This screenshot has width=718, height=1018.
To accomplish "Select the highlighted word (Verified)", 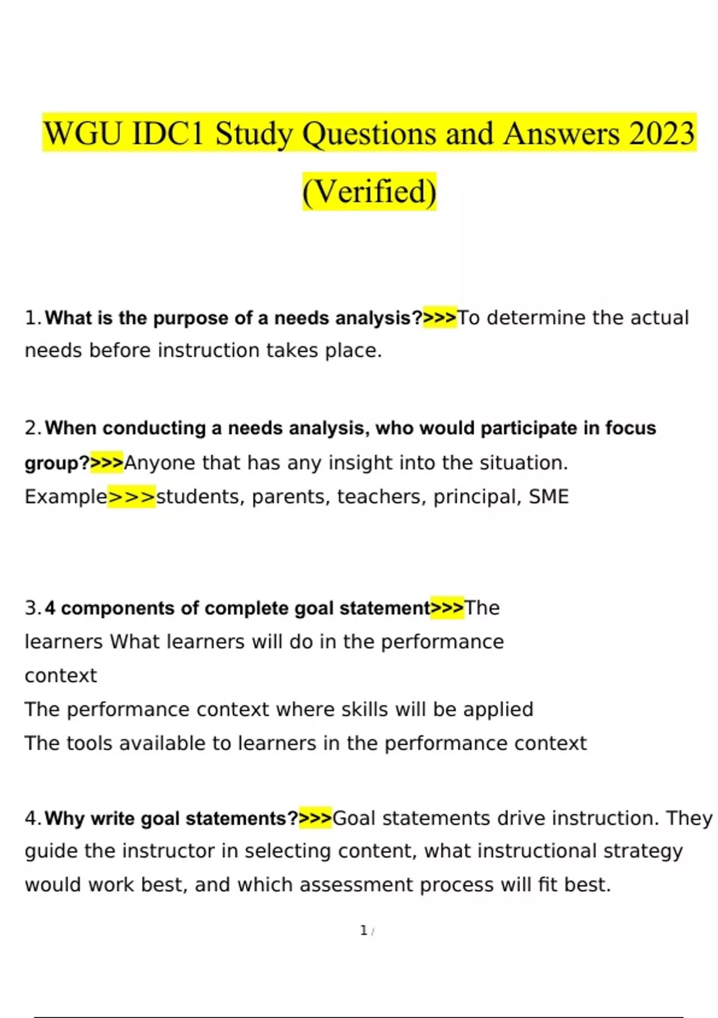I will (x=369, y=192).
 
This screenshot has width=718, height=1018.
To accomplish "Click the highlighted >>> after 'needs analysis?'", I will (x=440, y=318).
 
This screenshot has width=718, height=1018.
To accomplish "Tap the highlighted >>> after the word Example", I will (x=132, y=497).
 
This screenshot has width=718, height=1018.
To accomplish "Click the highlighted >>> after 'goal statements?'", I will (x=315, y=819).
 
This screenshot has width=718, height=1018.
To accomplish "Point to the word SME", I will (x=549, y=497).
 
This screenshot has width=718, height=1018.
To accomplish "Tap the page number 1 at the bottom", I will (x=364, y=931).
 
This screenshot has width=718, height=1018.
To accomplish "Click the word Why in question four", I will (x=65, y=819).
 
